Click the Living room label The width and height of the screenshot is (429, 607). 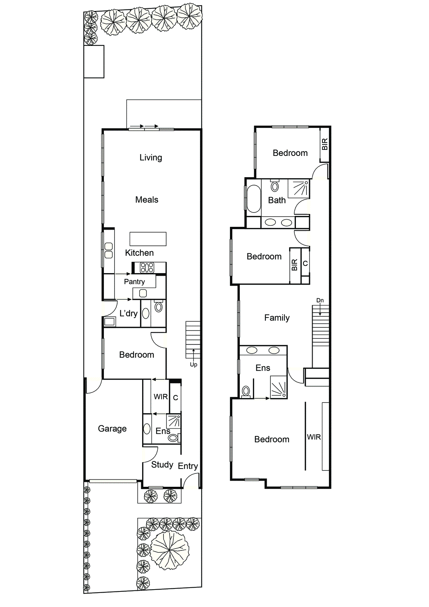pos(151,157)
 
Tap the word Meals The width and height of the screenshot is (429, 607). pos(147,200)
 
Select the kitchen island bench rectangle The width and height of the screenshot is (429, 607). pos(148,239)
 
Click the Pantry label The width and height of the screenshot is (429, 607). pos(134,282)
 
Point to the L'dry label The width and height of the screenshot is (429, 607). pos(128,313)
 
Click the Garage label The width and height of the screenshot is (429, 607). pos(112,429)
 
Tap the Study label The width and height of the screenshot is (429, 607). pos(162,465)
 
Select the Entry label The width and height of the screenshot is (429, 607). pos(188,466)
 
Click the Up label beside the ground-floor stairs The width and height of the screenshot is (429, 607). pos(193,365)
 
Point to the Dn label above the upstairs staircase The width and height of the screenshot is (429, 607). pos(320,300)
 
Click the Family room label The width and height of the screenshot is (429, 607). pos(277,318)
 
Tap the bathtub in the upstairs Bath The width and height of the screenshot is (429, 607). pos(253,199)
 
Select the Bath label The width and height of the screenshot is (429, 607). pos(277,200)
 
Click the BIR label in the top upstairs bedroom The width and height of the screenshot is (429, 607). pos(325,145)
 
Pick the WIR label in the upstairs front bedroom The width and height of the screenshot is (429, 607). pos(314,437)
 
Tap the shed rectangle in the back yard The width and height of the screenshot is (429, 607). pos(94,62)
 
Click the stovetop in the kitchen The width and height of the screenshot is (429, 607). pos(147,268)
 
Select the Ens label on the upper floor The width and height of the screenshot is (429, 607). pos(263,368)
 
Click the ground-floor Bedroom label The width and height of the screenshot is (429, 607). pos(137,355)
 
